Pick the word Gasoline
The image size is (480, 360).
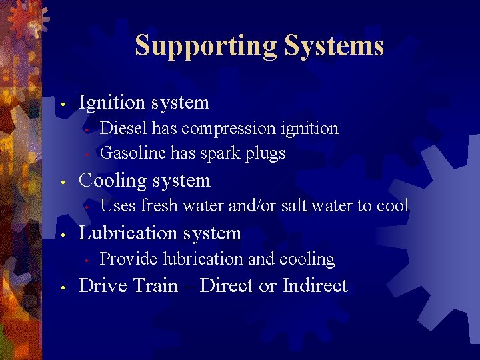tap(132, 153)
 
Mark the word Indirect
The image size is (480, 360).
tap(315, 286)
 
